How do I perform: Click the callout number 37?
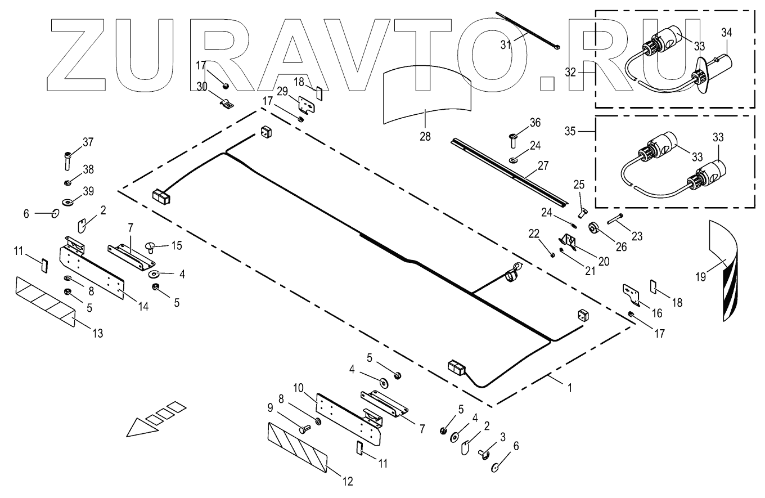pyautogui.click(x=88, y=142)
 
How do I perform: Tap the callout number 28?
pyautogui.click(x=425, y=136)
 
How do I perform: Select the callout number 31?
pyautogui.click(x=506, y=44)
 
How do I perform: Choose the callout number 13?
pyautogui.click(x=97, y=334)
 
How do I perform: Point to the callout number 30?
pyautogui.click(x=202, y=86)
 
